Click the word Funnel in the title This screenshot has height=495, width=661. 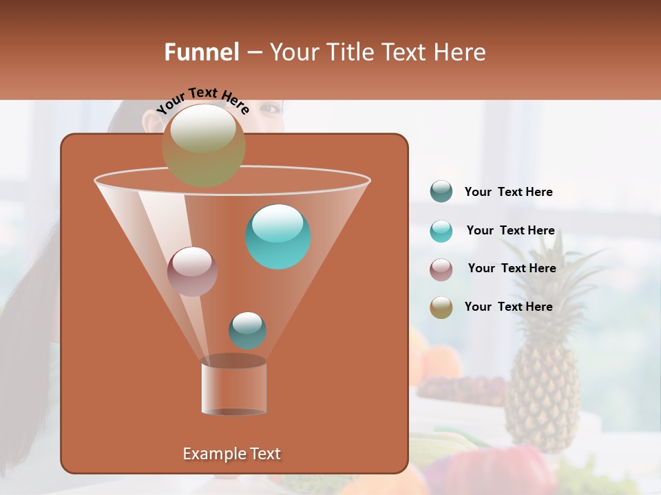tap(201, 52)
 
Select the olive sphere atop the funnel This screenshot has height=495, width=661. tap(203, 145)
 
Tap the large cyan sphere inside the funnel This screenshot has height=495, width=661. tap(277, 236)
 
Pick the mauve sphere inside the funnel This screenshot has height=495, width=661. tap(192, 271)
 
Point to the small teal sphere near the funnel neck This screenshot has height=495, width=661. tap(247, 330)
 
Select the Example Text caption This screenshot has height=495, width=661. tap(231, 454)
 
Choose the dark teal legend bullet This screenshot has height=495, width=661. tap(441, 192)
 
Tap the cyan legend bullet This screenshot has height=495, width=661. tap(441, 231)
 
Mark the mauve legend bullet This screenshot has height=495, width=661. tap(441, 269)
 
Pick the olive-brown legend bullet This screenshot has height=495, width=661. tap(441, 307)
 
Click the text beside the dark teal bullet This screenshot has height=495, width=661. tap(508, 192)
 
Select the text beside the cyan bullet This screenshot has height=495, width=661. tap(510, 230)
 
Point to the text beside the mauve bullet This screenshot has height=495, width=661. tap(512, 268)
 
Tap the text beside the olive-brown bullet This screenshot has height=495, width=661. tap(508, 307)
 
